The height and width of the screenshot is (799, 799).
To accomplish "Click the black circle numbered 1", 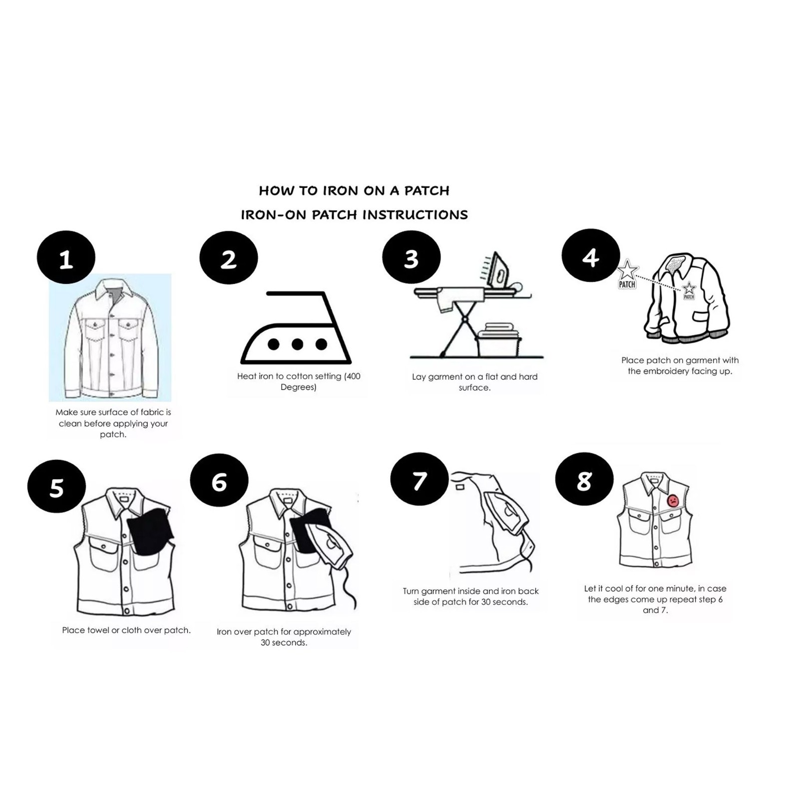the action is coord(66,257).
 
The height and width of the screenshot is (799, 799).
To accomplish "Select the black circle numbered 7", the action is coord(419,479).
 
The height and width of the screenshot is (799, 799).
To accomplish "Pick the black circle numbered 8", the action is coord(584,479).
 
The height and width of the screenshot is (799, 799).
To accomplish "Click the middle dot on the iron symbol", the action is coord(297,344).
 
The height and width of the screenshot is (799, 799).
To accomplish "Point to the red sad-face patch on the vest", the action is coord(673,500).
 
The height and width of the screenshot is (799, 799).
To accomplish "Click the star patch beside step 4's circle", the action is coord(627,274).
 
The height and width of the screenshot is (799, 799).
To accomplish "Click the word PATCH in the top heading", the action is coord(427,191).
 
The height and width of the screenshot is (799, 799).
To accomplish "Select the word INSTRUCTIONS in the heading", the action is coord(415,215).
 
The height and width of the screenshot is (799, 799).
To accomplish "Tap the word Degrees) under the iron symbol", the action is coord(298,388).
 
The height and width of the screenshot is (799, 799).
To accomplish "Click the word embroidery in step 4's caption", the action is coord(680,371).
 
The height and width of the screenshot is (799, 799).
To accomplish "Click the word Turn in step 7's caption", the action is coord(411,591).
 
